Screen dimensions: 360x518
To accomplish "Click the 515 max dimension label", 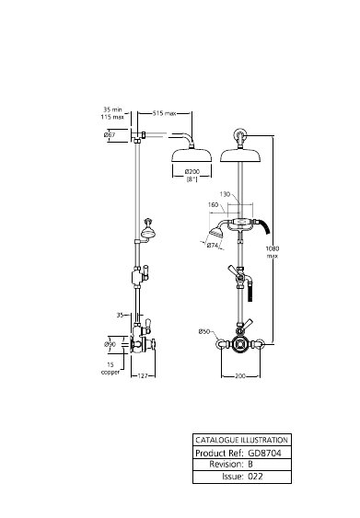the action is tap(164, 113).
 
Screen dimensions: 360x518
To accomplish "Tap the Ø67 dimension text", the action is tap(110, 134).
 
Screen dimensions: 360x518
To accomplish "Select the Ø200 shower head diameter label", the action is tap(192, 172).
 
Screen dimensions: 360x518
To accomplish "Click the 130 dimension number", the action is tap(225, 194).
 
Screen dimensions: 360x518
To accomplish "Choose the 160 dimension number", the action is tap(214, 205).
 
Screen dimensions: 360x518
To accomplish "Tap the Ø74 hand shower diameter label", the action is tap(213, 246).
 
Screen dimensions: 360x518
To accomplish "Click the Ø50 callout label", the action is tap(204, 331).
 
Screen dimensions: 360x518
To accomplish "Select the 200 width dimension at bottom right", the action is tap(240, 376).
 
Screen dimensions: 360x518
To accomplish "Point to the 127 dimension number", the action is tap(143, 376).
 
